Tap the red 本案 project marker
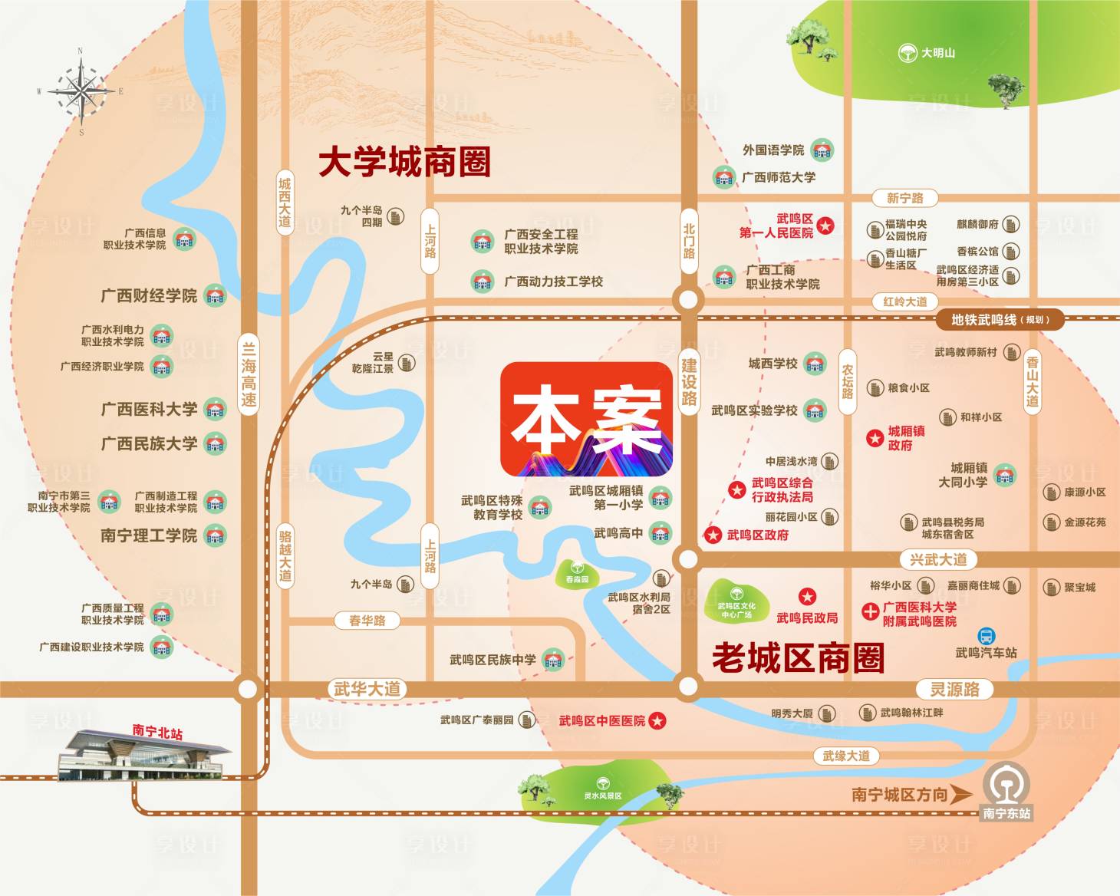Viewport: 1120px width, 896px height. tap(587, 420)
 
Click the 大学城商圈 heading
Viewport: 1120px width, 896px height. tap(404, 163)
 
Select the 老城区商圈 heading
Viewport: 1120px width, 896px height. tap(798, 658)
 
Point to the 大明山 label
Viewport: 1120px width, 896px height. tap(937, 53)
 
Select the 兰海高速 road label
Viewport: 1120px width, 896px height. tap(249, 374)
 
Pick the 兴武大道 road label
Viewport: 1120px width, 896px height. tap(937, 559)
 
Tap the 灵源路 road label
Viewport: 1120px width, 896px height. tap(955, 689)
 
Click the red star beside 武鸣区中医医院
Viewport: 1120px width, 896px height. tap(657, 721)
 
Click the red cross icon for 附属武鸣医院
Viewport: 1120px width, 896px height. tap(870, 612)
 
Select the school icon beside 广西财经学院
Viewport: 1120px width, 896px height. tap(215, 296)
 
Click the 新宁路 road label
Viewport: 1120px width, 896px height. tap(905, 198)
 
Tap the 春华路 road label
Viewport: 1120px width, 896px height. tap(367, 620)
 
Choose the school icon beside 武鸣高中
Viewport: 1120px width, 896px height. tap(660, 532)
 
